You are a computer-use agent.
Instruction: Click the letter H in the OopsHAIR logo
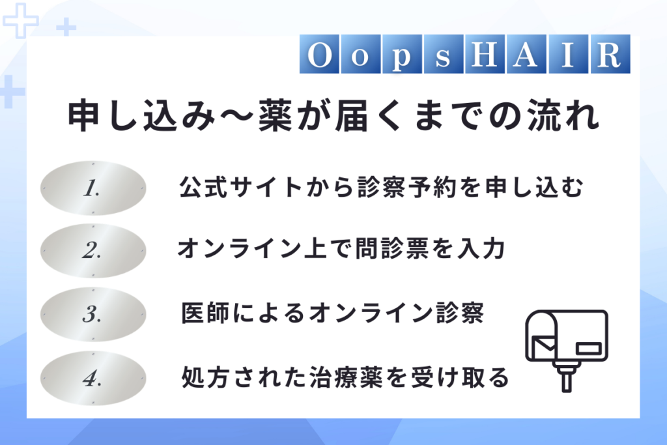485,54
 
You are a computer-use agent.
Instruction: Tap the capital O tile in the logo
319,54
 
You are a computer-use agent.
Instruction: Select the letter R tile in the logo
610,54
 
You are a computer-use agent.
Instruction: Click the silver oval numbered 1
93,188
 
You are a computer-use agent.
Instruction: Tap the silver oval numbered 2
93,251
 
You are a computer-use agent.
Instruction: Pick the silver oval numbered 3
93,315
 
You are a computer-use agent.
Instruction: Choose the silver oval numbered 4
93,378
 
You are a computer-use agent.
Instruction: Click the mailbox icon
567,351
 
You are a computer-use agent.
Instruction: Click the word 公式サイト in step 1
241,187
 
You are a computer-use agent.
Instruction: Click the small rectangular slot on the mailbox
589,349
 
